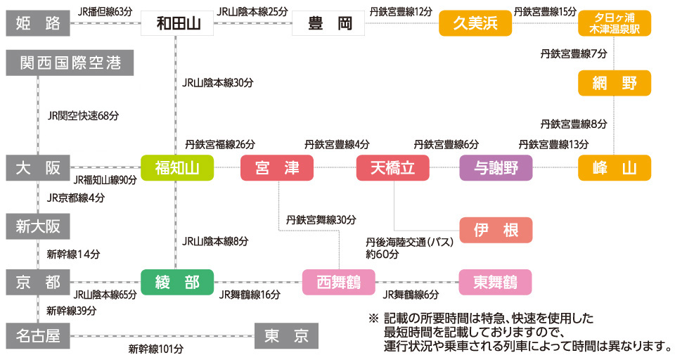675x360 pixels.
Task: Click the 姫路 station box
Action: [x=37, y=23]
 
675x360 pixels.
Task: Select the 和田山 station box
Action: [x=176, y=23]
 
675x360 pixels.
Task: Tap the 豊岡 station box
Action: [x=328, y=23]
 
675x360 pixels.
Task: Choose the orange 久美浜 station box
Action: [x=475, y=23]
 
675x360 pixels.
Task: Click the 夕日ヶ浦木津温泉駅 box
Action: [x=614, y=23]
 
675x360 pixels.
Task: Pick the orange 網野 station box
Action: [x=614, y=83]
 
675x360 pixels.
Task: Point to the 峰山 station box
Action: [x=614, y=168]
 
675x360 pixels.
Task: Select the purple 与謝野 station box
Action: [x=496, y=168]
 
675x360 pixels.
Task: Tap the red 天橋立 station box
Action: [x=393, y=168]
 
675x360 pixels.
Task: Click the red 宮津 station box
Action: [x=276, y=168]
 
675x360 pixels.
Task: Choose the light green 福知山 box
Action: [x=176, y=168]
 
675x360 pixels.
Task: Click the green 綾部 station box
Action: [x=176, y=282]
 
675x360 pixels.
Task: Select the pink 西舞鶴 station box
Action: [x=338, y=282]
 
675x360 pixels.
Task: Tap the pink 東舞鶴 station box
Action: [x=495, y=282]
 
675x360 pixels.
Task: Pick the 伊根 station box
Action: [x=496, y=230]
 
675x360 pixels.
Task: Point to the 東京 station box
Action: [x=286, y=335]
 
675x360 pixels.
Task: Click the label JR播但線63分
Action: [x=105, y=11]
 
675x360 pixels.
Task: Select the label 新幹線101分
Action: [x=155, y=348]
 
